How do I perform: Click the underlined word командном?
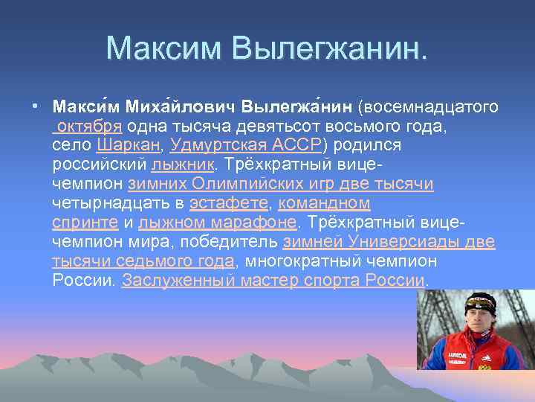(324, 202)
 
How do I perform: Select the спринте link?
(85, 222)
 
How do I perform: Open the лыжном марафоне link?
(218, 222)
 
